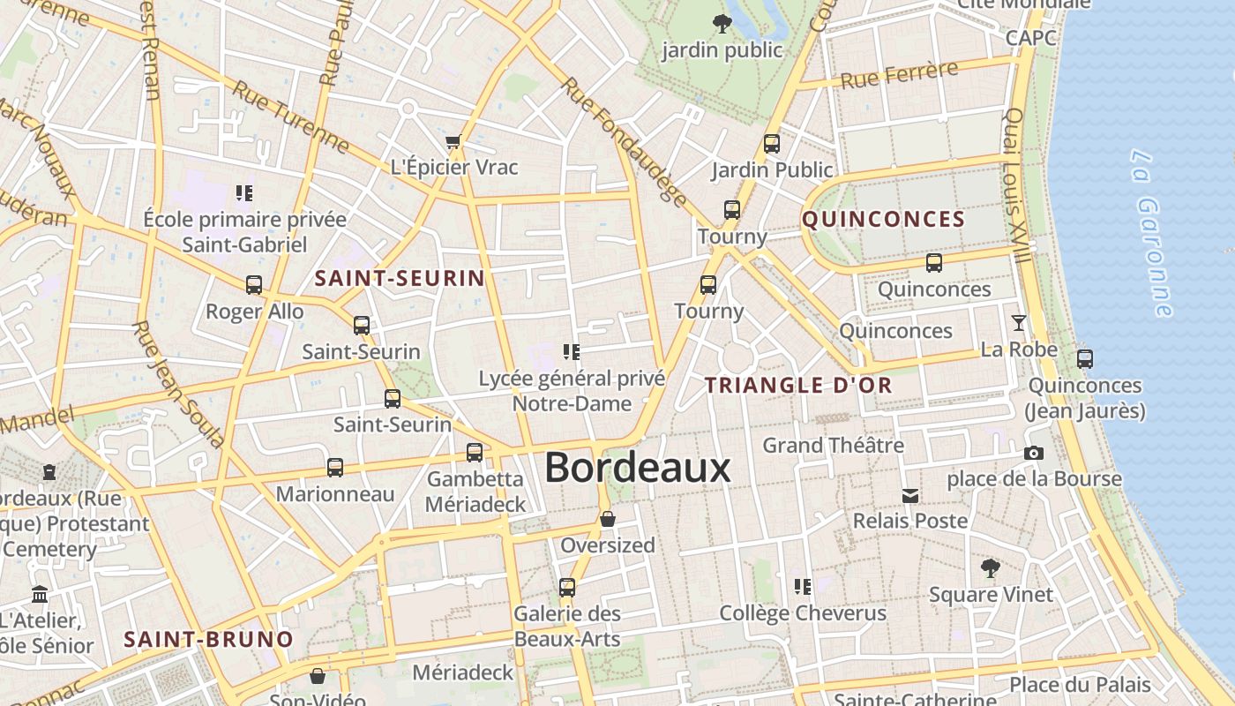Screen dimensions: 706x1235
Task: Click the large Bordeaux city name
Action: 637,468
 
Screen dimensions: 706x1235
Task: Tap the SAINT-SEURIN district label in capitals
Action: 400,279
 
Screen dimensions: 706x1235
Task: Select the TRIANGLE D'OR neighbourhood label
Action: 798,386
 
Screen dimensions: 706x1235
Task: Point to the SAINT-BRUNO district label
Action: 208,640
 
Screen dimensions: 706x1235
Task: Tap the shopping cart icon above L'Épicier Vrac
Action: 453,141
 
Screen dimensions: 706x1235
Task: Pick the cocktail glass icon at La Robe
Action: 1019,323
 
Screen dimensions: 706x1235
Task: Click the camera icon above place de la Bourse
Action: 1034,453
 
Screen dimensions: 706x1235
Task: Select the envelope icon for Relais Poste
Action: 910,495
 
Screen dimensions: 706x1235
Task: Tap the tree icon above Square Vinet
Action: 991,568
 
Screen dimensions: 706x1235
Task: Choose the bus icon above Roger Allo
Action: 254,285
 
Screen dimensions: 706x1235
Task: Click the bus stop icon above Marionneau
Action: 335,468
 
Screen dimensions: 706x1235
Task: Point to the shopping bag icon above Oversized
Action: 608,519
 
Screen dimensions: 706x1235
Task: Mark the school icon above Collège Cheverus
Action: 802,586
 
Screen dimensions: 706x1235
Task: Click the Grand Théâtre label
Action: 833,445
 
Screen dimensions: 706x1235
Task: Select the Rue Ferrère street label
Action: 899,75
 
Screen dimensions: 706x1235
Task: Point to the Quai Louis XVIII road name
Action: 1017,185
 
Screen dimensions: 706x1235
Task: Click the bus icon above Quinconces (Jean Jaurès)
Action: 1085,359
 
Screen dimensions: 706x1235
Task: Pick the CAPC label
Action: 1030,38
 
